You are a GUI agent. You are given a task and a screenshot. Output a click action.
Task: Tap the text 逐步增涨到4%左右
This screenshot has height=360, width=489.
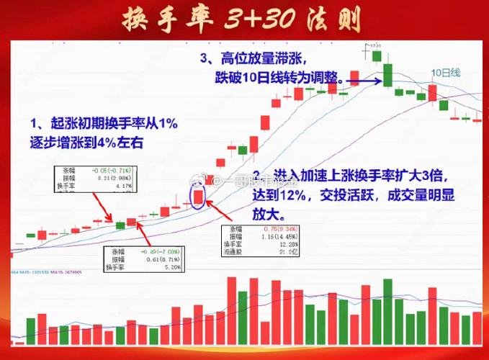pos(86,143)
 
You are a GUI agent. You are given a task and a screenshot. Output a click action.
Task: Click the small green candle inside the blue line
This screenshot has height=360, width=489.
pos(121,225)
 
